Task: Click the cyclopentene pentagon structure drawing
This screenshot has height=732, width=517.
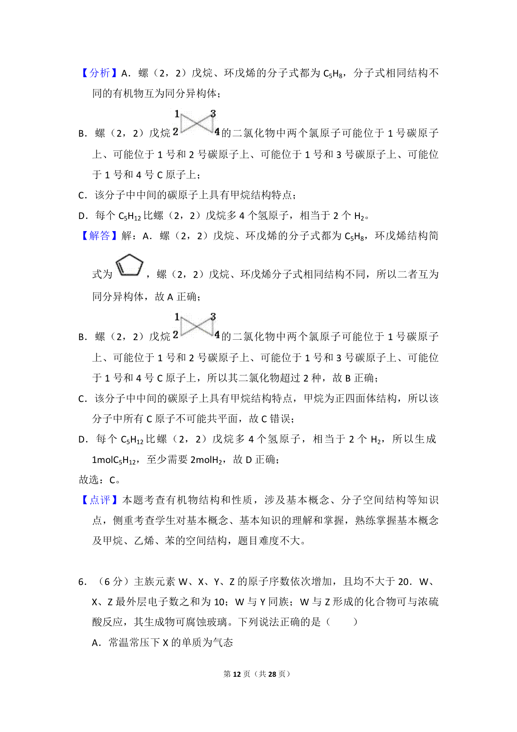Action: pos(129,266)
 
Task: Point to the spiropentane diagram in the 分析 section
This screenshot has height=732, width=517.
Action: pos(196,123)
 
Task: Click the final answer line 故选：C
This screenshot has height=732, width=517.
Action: pos(100,479)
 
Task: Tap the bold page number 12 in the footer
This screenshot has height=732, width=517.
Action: pos(237,674)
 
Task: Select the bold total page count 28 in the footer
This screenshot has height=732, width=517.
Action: pos(272,674)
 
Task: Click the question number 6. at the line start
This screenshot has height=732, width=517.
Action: pos(83,582)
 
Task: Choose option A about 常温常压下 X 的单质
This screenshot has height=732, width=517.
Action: pos(162,642)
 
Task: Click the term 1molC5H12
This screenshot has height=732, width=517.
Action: pos(114,460)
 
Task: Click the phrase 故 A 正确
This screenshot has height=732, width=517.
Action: pos(177,297)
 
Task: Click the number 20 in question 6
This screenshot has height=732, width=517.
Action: pos(404,582)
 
